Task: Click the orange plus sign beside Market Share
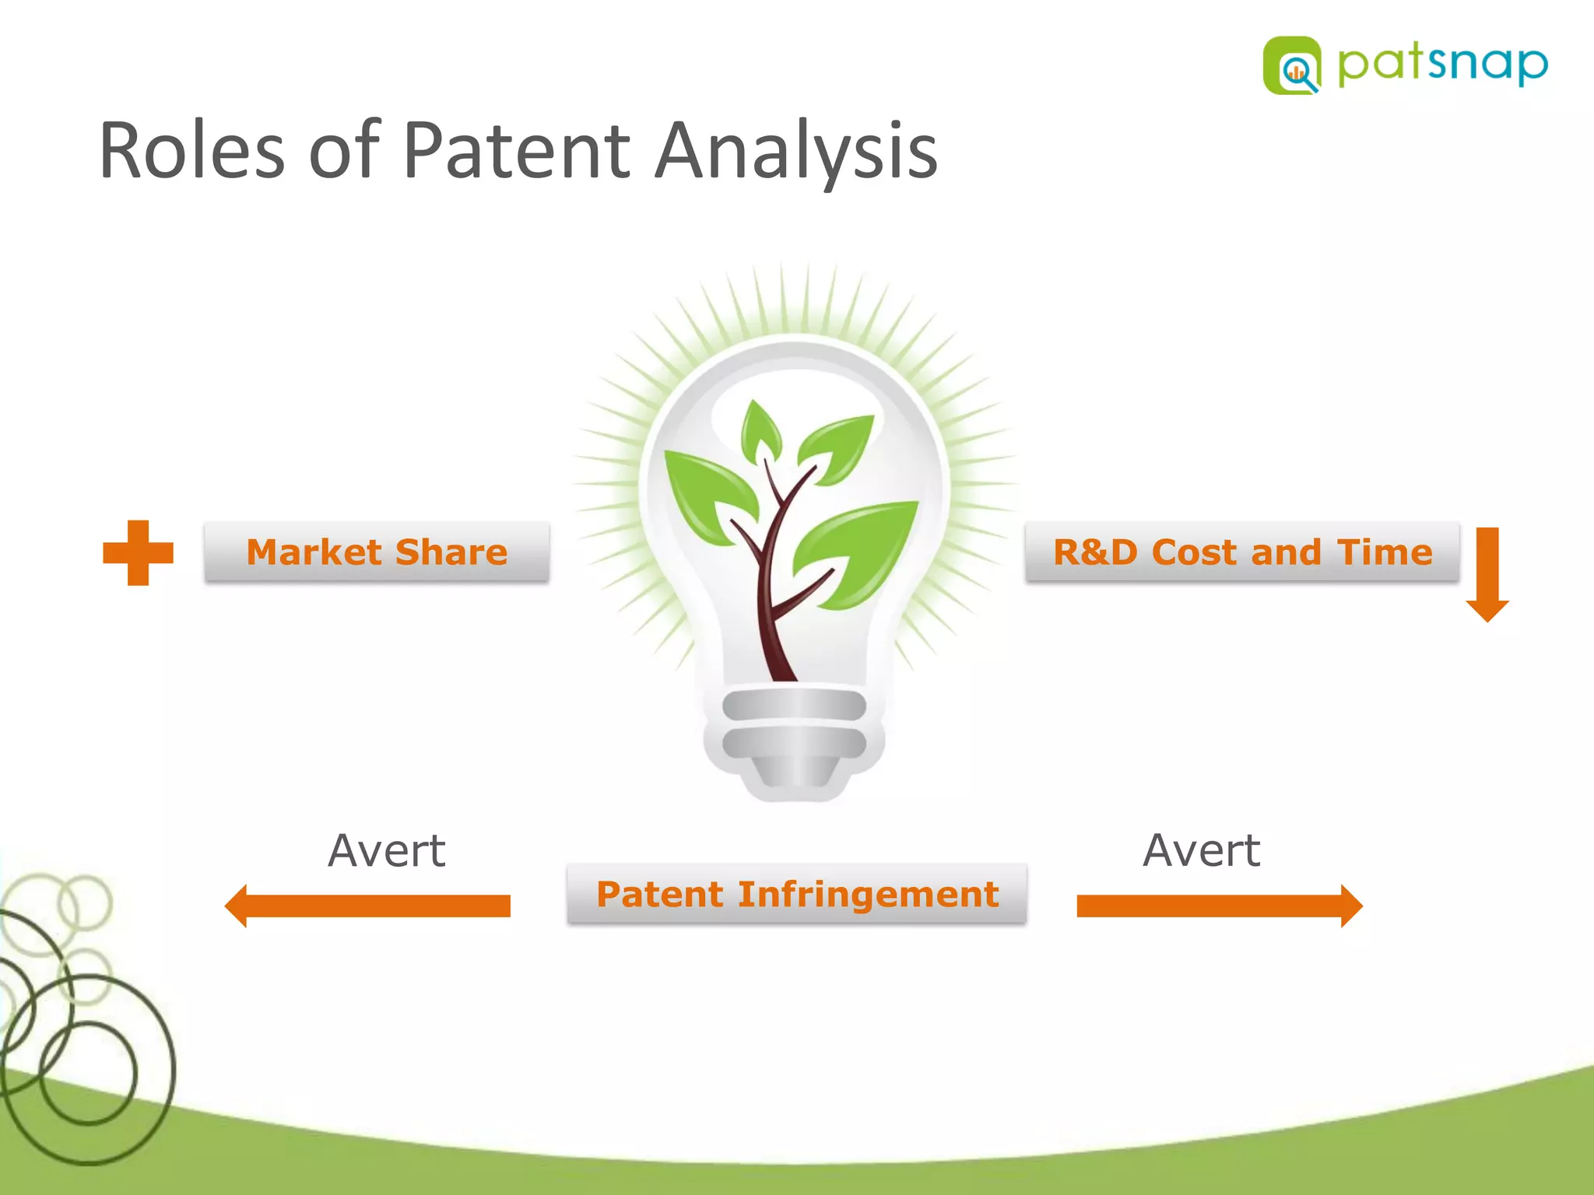138,553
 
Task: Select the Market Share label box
377,552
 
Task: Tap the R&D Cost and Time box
1242,552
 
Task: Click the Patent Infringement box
797,894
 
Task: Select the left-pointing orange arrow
367,906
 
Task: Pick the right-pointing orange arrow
1220,906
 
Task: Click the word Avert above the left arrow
387,850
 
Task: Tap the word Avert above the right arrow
1201,850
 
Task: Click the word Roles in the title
191,151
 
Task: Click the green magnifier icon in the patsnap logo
1292,67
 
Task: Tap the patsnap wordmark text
1442,64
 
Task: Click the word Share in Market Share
451,552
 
